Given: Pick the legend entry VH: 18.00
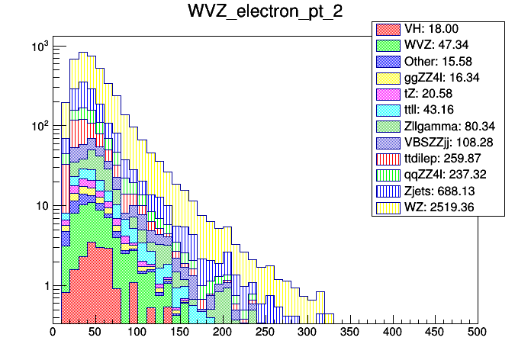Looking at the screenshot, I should (x=439, y=30).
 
